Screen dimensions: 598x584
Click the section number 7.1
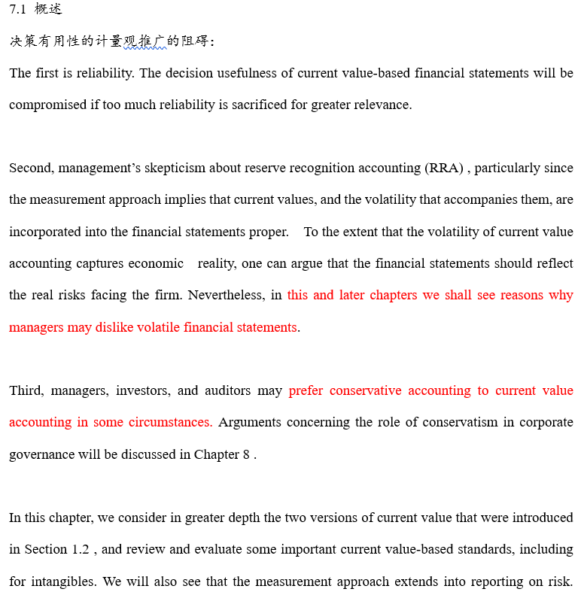coord(17,10)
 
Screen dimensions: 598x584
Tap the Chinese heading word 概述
coord(48,10)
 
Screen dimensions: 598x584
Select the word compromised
coord(48,105)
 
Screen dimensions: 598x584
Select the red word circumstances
coord(176,422)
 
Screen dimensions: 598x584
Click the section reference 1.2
coord(81,549)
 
